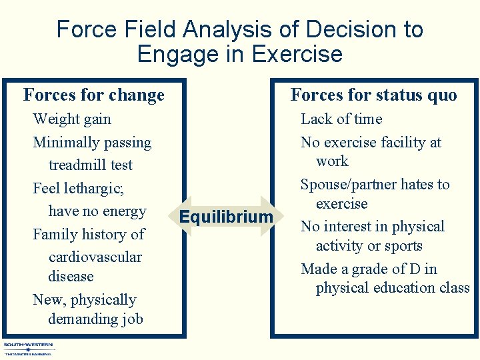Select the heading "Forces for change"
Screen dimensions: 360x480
click(94, 95)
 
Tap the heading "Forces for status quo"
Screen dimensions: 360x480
click(373, 95)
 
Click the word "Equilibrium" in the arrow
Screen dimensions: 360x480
click(227, 217)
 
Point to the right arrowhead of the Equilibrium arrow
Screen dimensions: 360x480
click(269, 217)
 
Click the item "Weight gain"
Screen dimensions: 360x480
click(72, 119)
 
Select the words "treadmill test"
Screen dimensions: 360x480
click(90, 165)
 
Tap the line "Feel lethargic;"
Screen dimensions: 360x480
click(78, 189)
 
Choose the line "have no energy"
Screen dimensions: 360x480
click(97, 211)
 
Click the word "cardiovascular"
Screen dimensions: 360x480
click(95, 257)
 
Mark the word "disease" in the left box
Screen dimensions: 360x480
click(71, 277)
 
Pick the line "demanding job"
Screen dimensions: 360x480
click(95, 319)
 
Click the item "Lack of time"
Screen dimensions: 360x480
click(341, 119)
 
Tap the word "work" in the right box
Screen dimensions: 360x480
click(332, 161)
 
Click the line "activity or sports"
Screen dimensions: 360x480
click(369, 246)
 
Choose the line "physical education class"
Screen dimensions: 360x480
click(393, 288)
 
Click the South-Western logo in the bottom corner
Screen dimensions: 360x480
click(29, 349)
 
